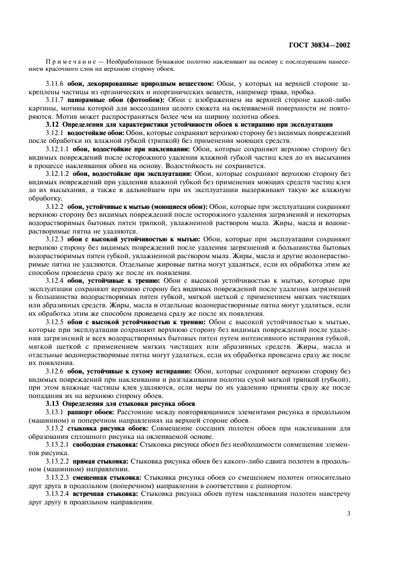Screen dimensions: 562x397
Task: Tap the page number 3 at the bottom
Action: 349,513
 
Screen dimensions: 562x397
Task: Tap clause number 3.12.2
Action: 55,206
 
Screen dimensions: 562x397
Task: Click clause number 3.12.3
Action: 55,239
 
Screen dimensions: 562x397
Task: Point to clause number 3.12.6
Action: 55,371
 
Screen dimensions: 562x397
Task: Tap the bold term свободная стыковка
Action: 106,444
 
